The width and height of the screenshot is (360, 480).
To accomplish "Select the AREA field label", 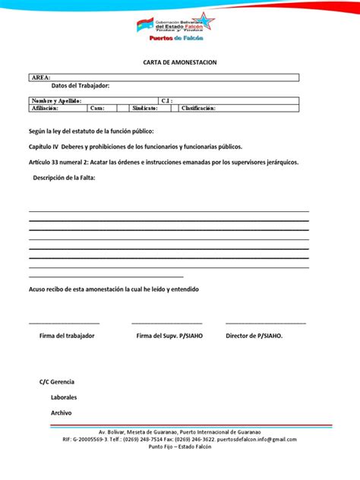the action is coord(41,77).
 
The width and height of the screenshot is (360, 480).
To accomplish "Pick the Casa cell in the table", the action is coord(97,108).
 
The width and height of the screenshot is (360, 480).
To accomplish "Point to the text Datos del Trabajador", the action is coord(80,86).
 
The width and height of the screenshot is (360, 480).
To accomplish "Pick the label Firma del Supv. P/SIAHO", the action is coord(169,336).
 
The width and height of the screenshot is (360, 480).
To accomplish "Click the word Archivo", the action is coord(61,412).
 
